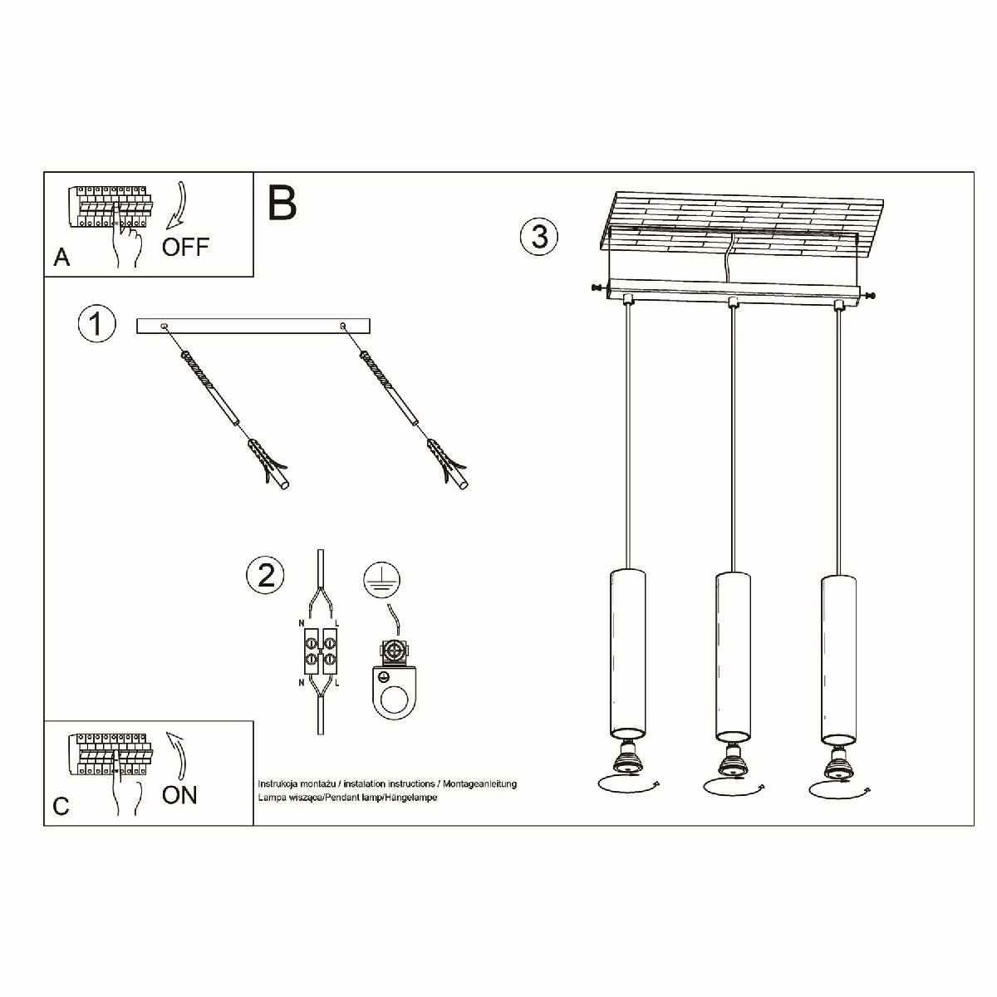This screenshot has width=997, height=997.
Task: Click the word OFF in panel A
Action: pyautogui.click(x=185, y=247)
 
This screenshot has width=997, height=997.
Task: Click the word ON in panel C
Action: pyautogui.click(x=179, y=795)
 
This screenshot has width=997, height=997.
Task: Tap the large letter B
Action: pyautogui.click(x=282, y=203)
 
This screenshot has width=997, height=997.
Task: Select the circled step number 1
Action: pyautogui.click(x=96, y=324)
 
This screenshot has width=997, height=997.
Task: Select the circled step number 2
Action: pyautogui.click(x=265, y=575)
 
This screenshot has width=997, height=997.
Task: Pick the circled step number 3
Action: pyautogui.click(x=539, y=237)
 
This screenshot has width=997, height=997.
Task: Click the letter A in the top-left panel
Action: pyautogui.click(x=61, y=257)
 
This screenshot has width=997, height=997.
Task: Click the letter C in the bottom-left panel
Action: pyautogui.click(x=61, y=806)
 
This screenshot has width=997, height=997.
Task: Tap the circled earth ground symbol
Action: pyautogui.click(x=382, y=579)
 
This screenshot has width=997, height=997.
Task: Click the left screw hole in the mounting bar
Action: pyautogui.click(x=164, y=326)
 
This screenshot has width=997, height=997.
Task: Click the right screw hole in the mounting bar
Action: pyautogui.click(x=343, y=326)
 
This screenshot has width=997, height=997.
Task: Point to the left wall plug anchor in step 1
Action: pyautogui.click(x=269, y=463)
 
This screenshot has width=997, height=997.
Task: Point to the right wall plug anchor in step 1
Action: pyautogui.click(x=448, y=464)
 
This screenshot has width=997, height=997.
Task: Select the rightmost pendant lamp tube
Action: pyautogui.click(x=838, y=661)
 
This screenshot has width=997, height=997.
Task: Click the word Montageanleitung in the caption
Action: pyautogui.click(x=479, y=783)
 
